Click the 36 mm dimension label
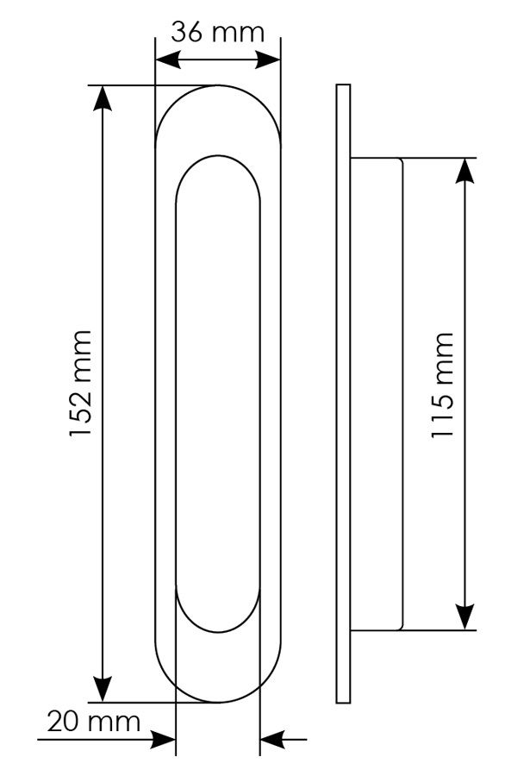click(218, 33)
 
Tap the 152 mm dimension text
click(80, 384)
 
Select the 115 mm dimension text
click(442, 385)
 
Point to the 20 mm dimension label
click(93, 722)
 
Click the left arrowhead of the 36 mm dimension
click(167, 60)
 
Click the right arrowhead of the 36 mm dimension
click(269, 60)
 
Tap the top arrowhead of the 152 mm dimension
click(103, 98)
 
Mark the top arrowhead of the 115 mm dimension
click(464, 171)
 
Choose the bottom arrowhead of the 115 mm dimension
click(464, 617)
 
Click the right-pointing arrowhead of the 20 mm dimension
click(164, 740)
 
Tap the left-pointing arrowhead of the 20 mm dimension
click(272, 740)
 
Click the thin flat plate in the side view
click(343, 393)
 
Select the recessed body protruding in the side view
click(377, 394)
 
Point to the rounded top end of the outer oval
click(218, 85)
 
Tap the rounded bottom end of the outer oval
click(218, 702)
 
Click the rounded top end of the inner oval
click(218, 156)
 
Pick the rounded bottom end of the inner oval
click(218, 632)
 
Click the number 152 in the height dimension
click(80, 409)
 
